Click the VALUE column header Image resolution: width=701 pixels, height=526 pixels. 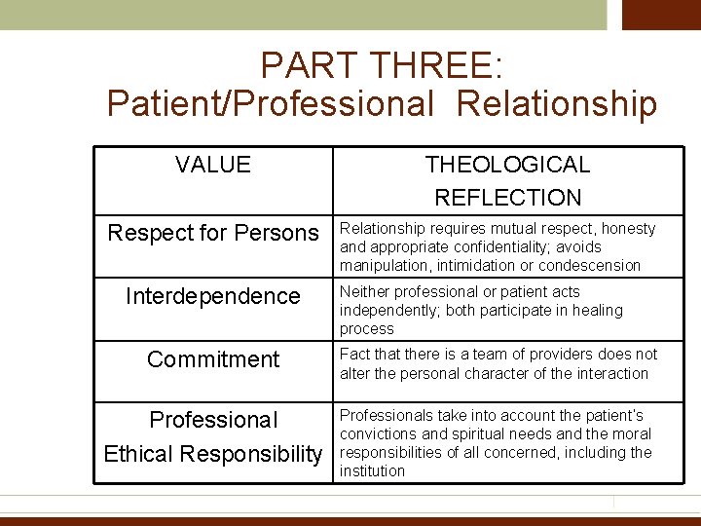pos(213,165)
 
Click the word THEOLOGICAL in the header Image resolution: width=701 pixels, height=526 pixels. pos(507,165)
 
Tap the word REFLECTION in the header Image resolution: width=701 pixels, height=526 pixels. pos(507,198)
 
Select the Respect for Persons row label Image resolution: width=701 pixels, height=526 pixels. pos(213,233)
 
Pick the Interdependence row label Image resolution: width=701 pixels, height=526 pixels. pos(213,296)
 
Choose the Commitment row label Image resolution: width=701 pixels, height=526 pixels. pos(213,359)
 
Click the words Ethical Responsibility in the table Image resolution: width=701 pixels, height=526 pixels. pos(213,454)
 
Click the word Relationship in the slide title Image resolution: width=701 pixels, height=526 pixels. pos(556,103)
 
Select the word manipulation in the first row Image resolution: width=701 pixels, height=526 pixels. pos(383,266)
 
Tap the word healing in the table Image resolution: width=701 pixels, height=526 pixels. pos(597,311)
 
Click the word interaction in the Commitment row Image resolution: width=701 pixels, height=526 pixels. pos(609,373)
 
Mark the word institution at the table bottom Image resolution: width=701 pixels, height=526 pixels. pos(372,471)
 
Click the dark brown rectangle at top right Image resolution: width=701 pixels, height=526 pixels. pos(661,15)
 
